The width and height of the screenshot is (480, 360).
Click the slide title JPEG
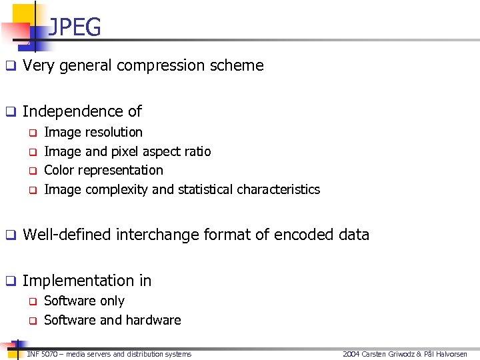click(75, 27)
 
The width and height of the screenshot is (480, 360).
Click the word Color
click(58, 171)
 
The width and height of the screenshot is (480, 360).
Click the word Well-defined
click(67, 235)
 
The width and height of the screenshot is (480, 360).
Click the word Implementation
click(74, 281)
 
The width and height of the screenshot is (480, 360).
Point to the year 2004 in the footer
click(350, 354)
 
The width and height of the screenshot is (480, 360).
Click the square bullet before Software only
click(31, 302)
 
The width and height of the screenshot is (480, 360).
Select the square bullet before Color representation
click(31, 171)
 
